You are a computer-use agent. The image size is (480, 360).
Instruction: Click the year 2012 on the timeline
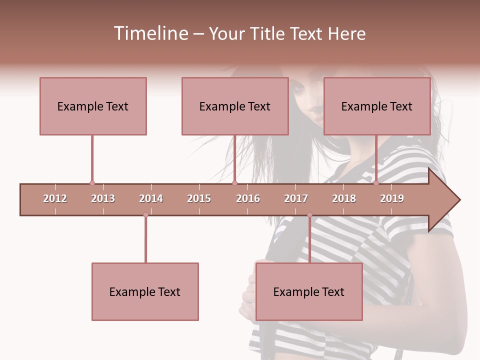[x=55, y=198]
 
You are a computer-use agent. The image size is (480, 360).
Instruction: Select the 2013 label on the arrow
[x=103, y=198]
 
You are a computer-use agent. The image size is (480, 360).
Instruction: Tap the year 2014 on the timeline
[x=151, y=198]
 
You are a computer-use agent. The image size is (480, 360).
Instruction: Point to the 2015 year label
[x=199, y=198]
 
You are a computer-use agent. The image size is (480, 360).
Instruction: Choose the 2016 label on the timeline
[x=248, y=198]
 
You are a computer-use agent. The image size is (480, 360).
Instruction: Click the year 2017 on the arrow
[x=296, y=198]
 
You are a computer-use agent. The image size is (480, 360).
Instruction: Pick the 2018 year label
[x=344, y=198]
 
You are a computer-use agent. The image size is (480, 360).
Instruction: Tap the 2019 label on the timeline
[x=392, y=198]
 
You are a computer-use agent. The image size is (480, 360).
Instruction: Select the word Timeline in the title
[x=150, y=33]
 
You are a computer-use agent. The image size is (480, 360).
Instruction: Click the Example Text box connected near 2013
[x=93, y=106]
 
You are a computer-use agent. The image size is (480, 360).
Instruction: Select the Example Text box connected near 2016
[x=235, y=106]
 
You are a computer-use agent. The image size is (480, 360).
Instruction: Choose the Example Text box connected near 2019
[x=377, y=106]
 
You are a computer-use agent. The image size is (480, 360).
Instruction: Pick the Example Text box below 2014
[x=145, y=291]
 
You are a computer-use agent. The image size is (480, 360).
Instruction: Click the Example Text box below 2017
[x=309, y=291]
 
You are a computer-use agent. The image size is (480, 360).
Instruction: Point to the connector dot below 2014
[x=145, y=215]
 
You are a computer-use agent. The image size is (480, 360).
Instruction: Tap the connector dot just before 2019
[x=376, y=183]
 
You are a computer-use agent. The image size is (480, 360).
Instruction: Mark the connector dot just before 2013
[x=92, y=183]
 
